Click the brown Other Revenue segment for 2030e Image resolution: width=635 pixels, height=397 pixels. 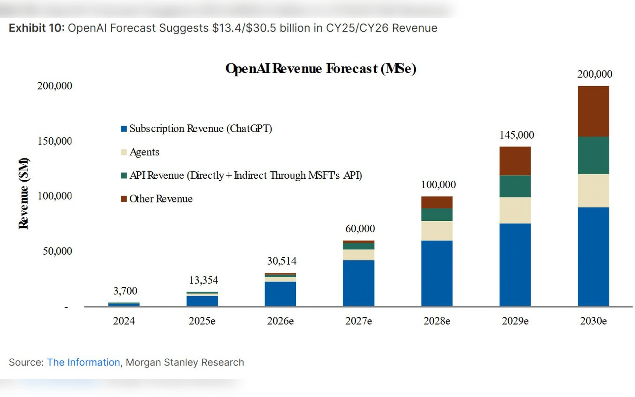[x=593, y=111]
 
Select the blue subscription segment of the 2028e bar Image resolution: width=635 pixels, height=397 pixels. [x=437, y=273]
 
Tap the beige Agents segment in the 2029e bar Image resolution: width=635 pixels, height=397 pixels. [x=515, y=210]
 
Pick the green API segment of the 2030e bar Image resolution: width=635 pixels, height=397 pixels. [x=593, y=155]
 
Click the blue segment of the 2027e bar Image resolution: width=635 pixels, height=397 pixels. [x=359, y=283]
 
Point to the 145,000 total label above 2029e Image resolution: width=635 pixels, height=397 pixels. [x=517, y=135]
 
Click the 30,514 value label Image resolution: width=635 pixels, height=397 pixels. [x=282, y=261]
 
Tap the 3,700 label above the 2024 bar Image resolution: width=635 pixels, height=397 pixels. [x=125, y=291]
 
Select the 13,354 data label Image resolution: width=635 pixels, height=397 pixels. [x=203, y=280]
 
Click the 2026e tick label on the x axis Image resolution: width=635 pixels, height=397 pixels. [x=280, y=321]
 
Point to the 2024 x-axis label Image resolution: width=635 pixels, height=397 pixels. [x=124, y=321]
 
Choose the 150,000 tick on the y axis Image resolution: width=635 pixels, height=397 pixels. [x=55, y=141]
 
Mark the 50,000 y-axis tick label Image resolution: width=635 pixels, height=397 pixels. [x=57, y=251]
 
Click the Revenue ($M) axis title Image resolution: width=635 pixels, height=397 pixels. [x=23, y=194]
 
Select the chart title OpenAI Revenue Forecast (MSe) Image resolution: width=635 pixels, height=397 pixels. [x=320, y=68]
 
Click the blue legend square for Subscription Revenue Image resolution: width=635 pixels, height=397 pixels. [x=124, y=129]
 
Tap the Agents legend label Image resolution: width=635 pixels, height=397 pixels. [x=144, y=152]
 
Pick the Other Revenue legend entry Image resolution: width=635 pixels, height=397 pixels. [x=161, y=199]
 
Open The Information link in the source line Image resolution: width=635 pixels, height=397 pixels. [x=83, y=362]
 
